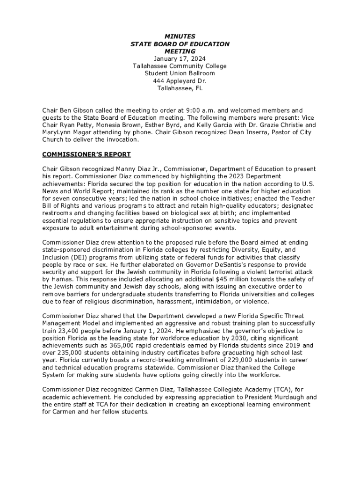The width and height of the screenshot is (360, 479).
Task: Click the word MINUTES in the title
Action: pos(180,36)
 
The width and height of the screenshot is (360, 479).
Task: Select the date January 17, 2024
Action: pos(180,58)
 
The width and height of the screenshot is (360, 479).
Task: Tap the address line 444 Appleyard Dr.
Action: pos(180,81)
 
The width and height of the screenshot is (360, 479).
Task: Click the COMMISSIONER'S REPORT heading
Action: pos(86,154)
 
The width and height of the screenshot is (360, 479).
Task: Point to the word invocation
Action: pos(122,140)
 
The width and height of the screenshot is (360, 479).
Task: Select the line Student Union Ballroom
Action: pos(180,73)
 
